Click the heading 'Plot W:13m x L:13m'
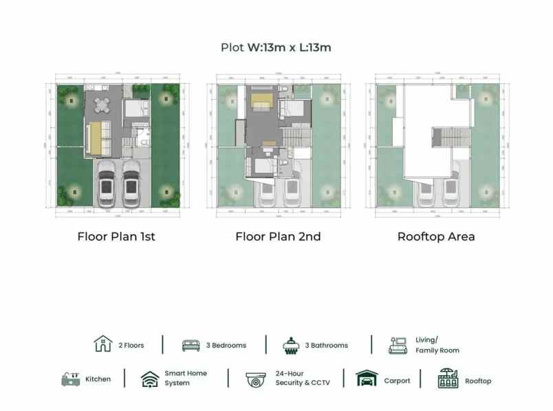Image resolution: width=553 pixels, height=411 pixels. (x=276, y=48)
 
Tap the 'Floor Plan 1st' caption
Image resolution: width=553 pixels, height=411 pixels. (x=116, y=236)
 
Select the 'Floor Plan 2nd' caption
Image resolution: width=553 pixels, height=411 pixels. (x=278, y=236)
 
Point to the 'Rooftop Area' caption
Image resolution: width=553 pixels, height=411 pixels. (x=436, y=236)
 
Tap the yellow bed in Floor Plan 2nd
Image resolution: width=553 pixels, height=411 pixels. (x=262, y=102)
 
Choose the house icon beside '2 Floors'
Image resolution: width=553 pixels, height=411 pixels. (x=102, y=344)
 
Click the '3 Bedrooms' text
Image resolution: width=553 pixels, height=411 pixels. (x=226, y=345)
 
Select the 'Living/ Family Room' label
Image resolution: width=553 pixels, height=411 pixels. (x=437, y=345)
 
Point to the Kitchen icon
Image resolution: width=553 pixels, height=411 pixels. (x=71, y=379)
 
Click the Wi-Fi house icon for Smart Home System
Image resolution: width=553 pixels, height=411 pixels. (x=150, y=379)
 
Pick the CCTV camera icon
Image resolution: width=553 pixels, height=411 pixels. (x=257, y=379)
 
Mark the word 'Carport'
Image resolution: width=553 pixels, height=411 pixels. (x=397, y=380)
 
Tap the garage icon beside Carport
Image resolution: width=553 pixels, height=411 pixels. (x=367, y=379)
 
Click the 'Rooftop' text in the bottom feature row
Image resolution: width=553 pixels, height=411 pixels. (x=478, y=380)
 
